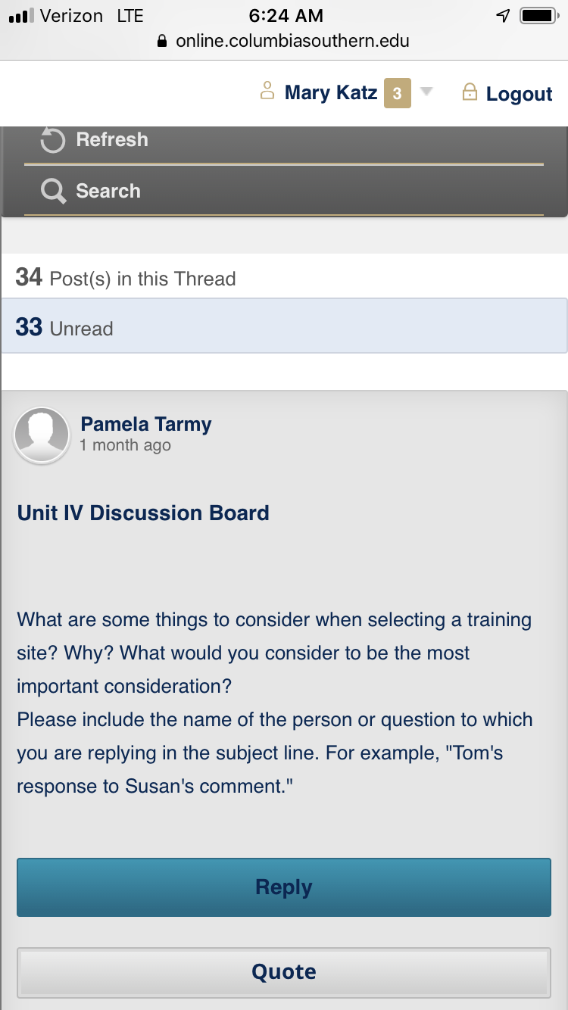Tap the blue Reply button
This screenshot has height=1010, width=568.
pos(284,887)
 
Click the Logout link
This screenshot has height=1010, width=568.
pos(519,94)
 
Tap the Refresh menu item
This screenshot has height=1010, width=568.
pos(112,139)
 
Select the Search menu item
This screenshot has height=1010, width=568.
pos(108,191)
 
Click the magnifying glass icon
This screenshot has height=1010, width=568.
pos(53,192)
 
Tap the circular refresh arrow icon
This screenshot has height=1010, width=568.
pos(53,140)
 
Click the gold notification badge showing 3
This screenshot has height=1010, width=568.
pos(397,93)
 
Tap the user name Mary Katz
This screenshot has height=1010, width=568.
pos(331,92)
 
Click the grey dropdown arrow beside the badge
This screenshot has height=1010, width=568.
pos(426,91)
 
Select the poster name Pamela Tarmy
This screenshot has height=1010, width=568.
pos(145,424)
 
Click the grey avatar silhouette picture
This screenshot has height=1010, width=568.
pos(42,435)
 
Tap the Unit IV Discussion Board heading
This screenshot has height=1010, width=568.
pos(143,513)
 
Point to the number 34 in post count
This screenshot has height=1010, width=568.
pos(29,277)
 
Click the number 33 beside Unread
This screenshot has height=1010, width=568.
pos(29,327)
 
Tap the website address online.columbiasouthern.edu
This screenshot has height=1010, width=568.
pos(292,41)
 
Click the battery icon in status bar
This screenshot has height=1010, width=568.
pos(539,16)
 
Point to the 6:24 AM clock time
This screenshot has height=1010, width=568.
pos(286,16)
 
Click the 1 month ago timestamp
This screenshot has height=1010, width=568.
pos(126,445)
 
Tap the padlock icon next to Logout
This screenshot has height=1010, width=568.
pos(470,92)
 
